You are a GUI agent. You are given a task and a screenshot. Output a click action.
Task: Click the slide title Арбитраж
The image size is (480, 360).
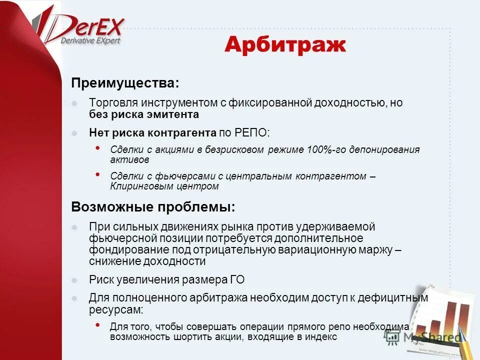coord(285,45)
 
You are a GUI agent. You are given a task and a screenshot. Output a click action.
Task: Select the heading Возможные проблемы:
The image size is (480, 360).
coord(152,206)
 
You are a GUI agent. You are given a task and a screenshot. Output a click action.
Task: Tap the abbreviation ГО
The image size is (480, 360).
coord(238,280)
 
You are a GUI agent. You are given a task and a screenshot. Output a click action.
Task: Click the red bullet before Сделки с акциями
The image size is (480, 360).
coord(97,148)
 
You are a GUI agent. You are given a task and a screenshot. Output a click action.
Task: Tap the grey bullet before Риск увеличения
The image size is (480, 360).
coord(74,280)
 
